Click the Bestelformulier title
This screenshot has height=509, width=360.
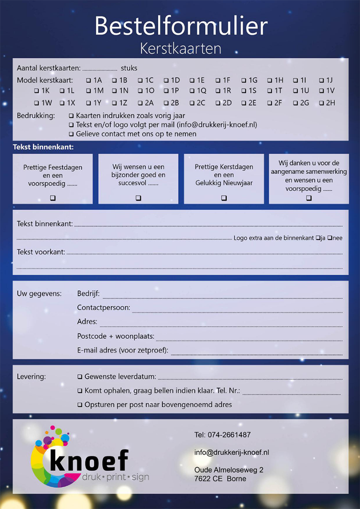coord(181,26)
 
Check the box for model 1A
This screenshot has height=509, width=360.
coord(88,81)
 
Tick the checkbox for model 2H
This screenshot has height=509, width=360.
coord(321,103)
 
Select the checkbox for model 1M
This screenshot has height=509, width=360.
coord(88,91)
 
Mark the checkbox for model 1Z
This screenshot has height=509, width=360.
coord(114,103)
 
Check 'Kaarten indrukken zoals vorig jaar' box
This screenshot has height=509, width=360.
coord(71,115)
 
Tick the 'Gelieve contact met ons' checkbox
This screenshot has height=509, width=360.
coord(71,134)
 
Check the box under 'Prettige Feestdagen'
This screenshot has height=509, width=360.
coord(53,198)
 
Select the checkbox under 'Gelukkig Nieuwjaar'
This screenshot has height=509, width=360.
coord(224,198)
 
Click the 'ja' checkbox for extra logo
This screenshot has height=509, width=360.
coord(318,238)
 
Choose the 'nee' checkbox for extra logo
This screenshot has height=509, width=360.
coord(329,238)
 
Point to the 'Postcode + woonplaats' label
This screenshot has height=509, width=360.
coord(116,337)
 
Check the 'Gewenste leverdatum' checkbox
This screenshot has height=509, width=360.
coord(80,377)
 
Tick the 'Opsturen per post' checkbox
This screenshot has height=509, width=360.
coord(80,404)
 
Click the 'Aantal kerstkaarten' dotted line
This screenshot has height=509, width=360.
coord(99,69)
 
